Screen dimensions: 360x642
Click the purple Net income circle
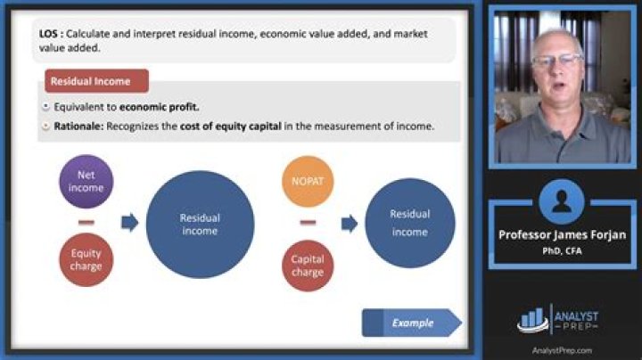pyautogui.click(x=86, y=182)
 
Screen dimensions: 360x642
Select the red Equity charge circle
pyautogui.click(x=86, y=259)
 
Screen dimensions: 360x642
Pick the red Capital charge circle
pyautogui.click(x=309, y=266)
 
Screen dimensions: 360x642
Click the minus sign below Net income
pyautogui.click(x=86, y=221)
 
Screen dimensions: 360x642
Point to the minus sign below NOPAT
pyautogui.click(x=309, y=222)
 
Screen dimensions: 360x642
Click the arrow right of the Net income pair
pyautogui.click(x=130, y=222)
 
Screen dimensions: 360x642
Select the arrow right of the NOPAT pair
pyautogui.click(x=350, y=223)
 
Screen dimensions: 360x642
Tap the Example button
pyautogui.click(x=412, y=323)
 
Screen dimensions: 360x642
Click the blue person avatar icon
pyautogui.click(x=561, y=200)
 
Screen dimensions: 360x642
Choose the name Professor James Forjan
pyautogui.click(x=561, y=234)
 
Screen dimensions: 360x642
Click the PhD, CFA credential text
pyautogui.click(x=561, y=250)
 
